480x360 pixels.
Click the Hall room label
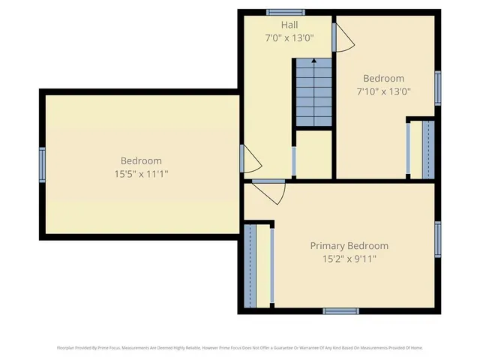tap(289, 25)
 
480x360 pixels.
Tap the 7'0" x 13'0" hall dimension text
tap(289, 37)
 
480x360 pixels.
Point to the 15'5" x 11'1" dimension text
tap(141, 174)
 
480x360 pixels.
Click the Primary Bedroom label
tap(349, 246)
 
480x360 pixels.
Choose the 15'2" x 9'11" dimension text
tap(349, 259)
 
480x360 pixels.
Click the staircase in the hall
tap(311, 91)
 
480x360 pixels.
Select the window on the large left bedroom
tap(43, 165)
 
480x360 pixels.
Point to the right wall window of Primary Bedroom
tap(438, 240)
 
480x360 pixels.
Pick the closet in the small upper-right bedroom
tap(421, 148)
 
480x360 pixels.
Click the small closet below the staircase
tap(313, 154)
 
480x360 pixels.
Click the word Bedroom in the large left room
tap(141, 160)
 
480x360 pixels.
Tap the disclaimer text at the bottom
tap(240, 347)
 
